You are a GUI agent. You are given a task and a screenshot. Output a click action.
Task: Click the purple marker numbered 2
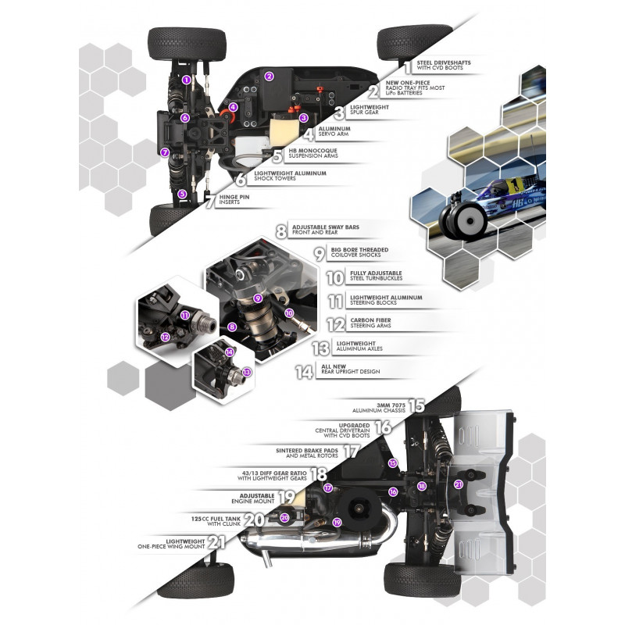coord(269,76)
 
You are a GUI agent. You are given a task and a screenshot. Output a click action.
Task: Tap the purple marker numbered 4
coord(233,107)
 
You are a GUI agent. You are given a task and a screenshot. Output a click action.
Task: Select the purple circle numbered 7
coord(165,152)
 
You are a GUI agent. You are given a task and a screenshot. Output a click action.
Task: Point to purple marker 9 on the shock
coord(258,298)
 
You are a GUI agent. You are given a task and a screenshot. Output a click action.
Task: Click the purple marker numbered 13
coord(247,373)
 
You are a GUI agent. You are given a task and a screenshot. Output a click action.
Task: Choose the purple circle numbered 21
coord(459,484)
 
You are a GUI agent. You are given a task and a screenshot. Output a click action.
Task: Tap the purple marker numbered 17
coord(327,487)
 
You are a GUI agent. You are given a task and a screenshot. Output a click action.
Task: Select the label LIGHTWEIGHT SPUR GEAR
coord(369,109)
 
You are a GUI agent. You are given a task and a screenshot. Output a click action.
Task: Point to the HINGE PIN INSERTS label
coord(234,199)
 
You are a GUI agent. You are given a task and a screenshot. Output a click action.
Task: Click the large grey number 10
coord(335,277)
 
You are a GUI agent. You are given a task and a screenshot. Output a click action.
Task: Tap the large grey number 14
coord(304,372)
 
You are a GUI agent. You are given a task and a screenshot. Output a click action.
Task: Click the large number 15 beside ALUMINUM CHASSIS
coord(416,405)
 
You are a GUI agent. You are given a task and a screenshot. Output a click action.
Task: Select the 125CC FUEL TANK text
coord(216,519)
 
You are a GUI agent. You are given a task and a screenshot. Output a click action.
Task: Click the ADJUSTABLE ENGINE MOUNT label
coord(252,498)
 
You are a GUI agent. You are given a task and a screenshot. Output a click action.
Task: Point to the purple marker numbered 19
coord(337,522)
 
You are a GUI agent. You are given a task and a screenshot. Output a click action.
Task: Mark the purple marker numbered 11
coord(184,316)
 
